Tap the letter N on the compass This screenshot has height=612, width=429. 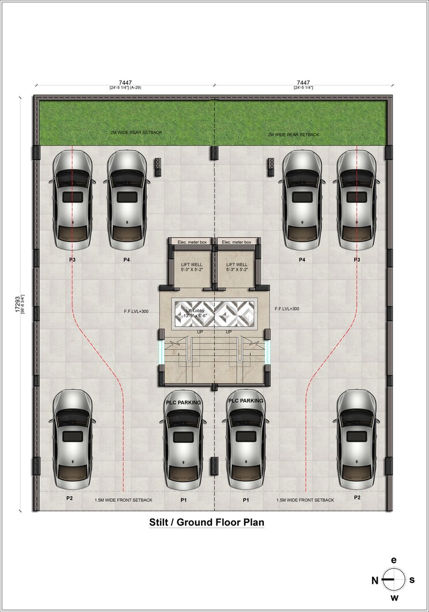point(375,580)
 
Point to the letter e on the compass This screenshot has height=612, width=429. point(394,560)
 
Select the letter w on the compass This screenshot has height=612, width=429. point(394,601)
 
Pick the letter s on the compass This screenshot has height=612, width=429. point(412,580)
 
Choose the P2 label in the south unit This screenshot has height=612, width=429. point(357,497)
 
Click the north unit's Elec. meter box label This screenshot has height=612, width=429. point(191,242)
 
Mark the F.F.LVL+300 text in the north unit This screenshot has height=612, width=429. point(136,311)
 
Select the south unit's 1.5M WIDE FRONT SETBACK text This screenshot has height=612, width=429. point(305,500)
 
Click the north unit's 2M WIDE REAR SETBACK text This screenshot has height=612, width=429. point(136,132)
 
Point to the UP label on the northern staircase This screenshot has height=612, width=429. point(200,332)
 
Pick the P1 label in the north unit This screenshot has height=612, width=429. point(183,500)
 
